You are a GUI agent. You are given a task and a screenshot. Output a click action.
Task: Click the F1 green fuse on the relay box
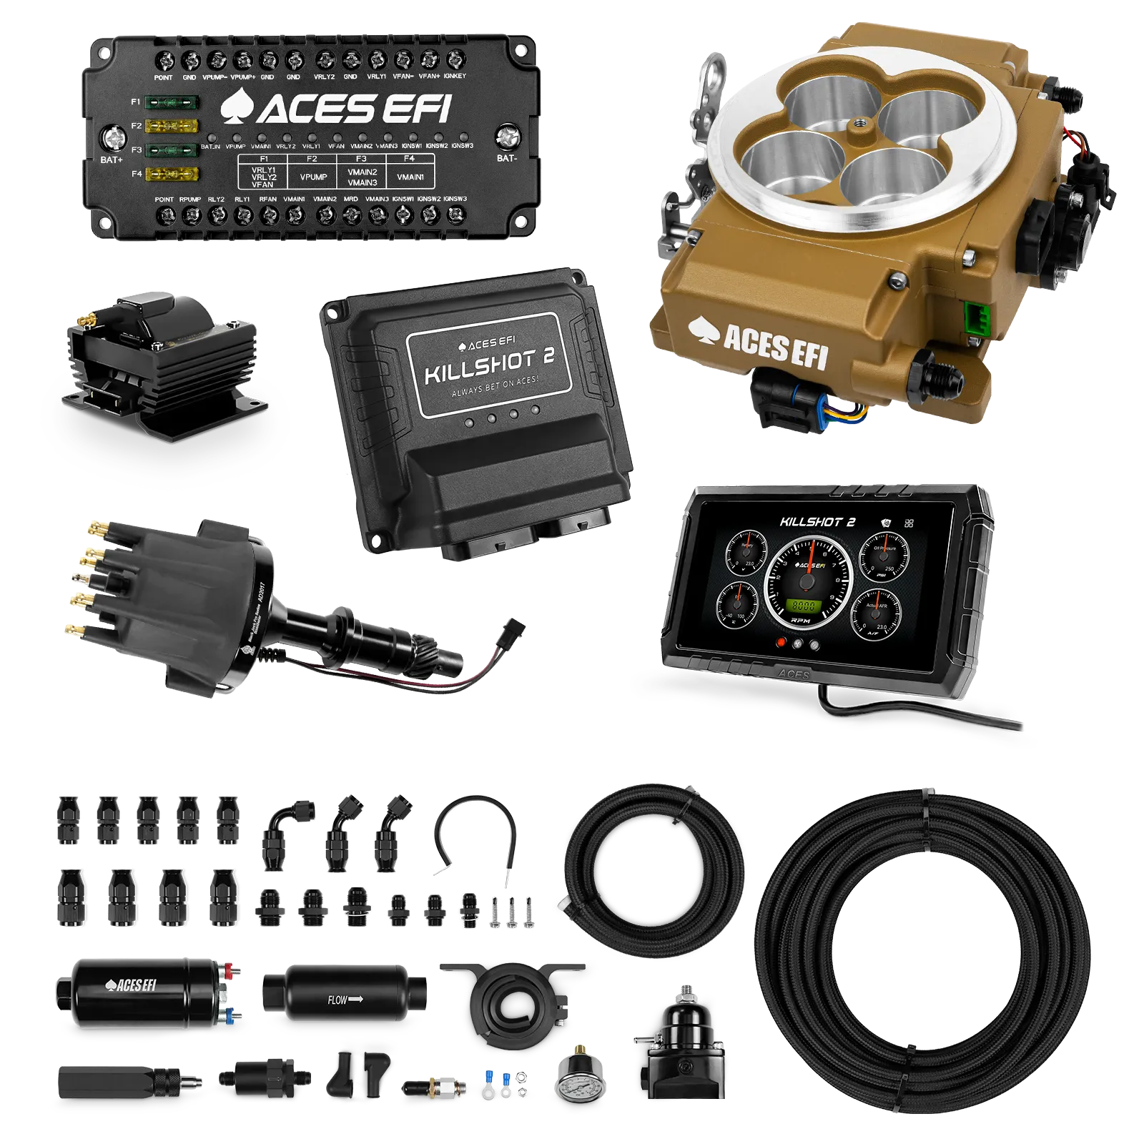click(x=171, y=102)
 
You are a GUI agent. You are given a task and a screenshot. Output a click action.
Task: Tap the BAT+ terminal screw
click(x=113, y=137)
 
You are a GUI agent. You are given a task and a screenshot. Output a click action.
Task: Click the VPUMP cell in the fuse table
click(x=313, y=177)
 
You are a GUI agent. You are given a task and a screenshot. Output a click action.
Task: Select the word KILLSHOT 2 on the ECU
click(x=489, y=365)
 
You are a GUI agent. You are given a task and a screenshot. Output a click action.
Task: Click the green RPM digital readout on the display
click(x=804, y=605)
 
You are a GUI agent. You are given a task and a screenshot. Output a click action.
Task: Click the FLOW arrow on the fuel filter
click(x=345, y=999)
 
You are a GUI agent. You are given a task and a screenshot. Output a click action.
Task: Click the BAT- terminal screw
click(x=507, y=134)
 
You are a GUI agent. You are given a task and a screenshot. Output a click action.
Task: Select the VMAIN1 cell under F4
click(x=410, y=177)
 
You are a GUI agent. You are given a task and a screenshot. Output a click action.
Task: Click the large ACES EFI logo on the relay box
click(x=336, y=109)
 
